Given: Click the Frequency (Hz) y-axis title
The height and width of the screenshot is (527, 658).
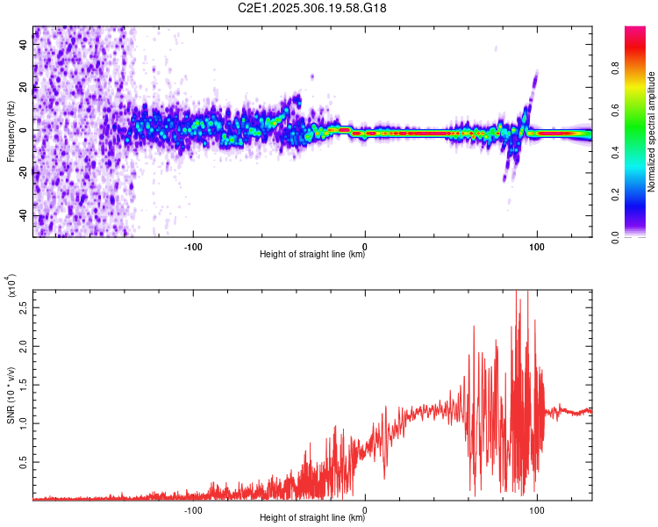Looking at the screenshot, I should coord(11,132).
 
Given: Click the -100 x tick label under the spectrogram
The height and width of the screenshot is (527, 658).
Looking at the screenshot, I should coord(193,245).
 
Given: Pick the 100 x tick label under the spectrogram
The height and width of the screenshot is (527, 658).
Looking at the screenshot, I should coord(536,245).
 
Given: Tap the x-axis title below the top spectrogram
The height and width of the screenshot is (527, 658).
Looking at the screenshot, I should coord(312,255).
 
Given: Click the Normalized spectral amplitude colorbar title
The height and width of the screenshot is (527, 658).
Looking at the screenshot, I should coord(652,132).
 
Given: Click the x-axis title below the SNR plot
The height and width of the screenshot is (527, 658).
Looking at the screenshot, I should coord(312,517).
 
